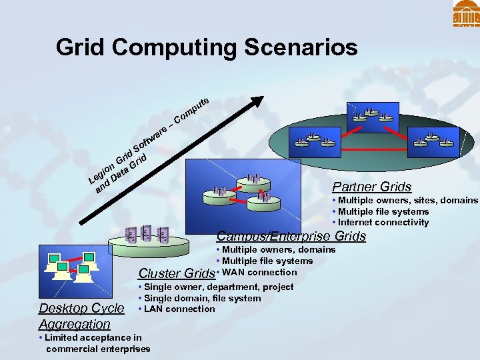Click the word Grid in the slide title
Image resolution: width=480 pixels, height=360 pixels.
80,48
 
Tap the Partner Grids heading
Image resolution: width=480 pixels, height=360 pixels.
371,187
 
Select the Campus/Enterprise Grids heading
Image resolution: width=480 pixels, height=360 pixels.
291,236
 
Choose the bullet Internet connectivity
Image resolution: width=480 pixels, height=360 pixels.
383,223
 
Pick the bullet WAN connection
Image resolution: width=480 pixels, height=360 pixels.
259,272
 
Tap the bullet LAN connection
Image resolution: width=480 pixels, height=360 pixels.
177,309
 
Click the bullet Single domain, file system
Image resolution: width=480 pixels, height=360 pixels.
199,298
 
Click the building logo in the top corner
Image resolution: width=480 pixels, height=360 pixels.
466,13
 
